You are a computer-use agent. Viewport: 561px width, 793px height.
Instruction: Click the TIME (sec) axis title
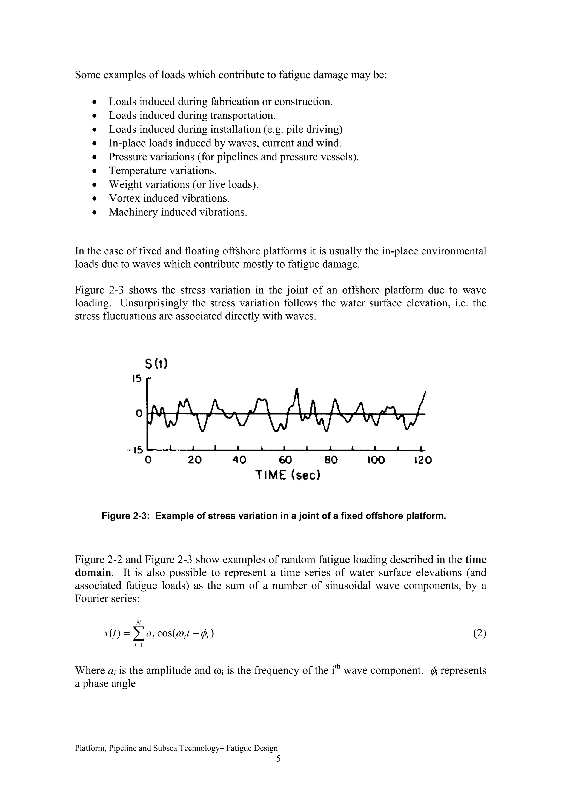[288, 475]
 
